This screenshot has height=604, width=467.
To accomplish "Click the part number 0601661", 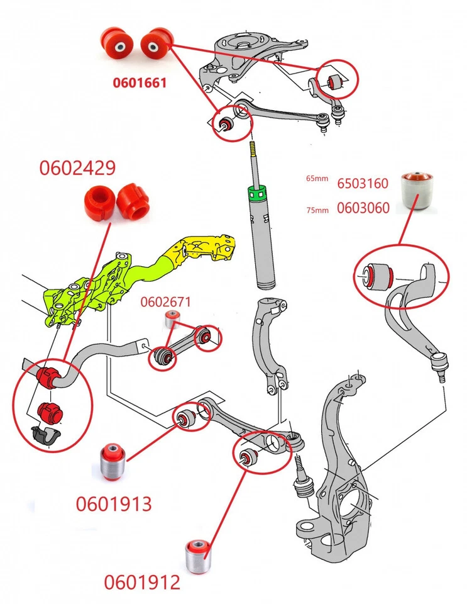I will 140,82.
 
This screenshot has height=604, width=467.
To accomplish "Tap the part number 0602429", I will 77,169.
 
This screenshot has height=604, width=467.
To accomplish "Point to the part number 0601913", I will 114,504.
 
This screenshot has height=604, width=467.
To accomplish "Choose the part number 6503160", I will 363,184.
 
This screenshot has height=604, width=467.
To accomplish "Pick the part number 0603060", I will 363,208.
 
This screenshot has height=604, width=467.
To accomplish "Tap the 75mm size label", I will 317,210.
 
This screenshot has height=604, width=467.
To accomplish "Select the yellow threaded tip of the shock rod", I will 254,152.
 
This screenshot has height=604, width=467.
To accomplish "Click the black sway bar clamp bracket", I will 46,433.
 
